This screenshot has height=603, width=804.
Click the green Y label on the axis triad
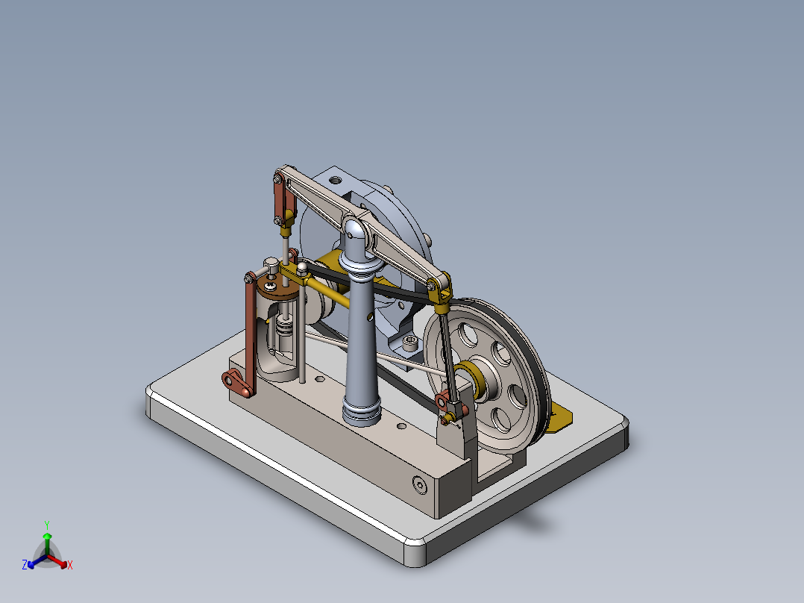(46, 524)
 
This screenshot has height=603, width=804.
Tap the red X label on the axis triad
(70, 566)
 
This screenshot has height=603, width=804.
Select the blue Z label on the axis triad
(25, 566)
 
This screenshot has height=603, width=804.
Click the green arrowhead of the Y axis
(46, 536)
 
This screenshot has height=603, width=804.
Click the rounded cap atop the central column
(357, 225)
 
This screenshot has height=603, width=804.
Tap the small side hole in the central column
(366, 316)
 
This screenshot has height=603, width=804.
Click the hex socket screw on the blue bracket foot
(411, 343)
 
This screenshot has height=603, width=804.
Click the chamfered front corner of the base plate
(415, 552)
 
